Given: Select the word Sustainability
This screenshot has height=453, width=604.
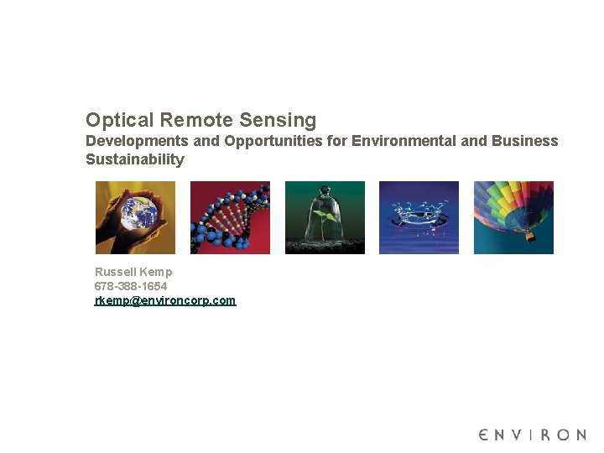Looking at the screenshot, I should (135, 159).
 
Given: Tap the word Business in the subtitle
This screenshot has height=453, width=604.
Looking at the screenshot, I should (526, 141).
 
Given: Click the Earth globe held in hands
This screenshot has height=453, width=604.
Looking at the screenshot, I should (135, 214).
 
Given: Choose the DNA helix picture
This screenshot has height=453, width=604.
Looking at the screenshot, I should (230, 217).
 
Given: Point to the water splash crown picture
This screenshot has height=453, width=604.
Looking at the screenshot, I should (419, 217).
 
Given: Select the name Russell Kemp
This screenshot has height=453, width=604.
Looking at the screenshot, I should (133, 272).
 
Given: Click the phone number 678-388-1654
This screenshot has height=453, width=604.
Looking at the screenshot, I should (131, 286).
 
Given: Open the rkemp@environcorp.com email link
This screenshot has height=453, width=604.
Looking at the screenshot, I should (165, 300).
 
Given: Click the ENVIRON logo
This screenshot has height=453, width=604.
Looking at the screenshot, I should (533, 435).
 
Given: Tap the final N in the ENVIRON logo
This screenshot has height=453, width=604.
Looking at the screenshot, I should (580, 435).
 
